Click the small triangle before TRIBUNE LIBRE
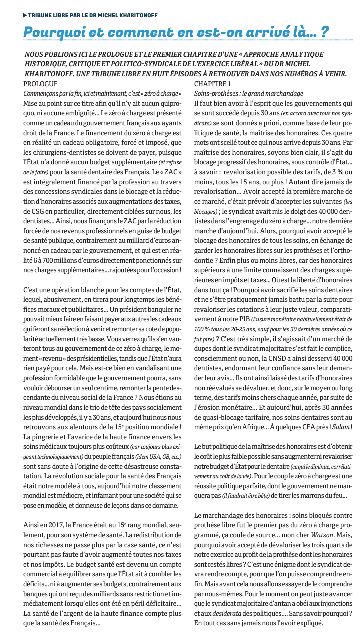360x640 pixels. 25,16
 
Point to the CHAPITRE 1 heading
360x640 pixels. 212,83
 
